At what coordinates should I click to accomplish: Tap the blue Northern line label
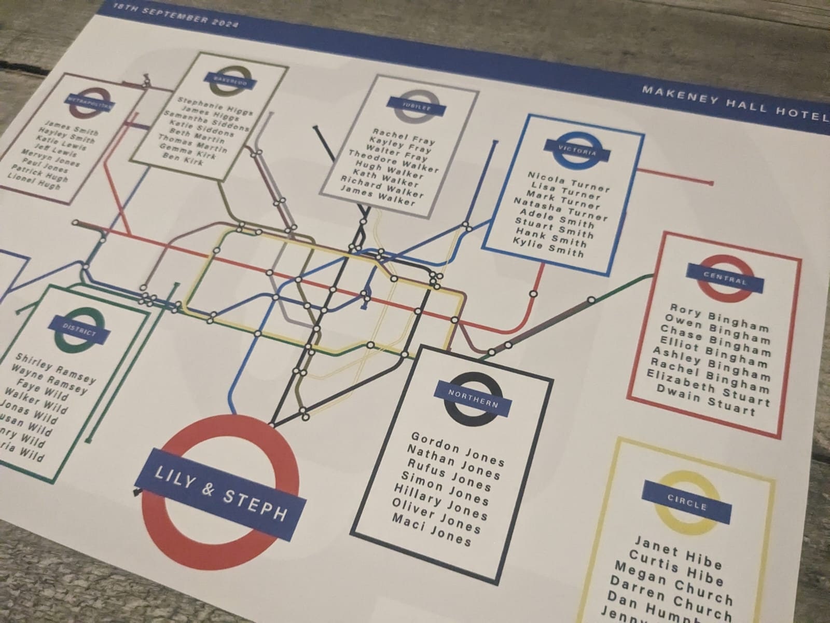click(473, 399)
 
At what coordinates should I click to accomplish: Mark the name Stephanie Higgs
click(215, 105)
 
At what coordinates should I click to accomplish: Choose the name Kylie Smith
click(548, 247)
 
